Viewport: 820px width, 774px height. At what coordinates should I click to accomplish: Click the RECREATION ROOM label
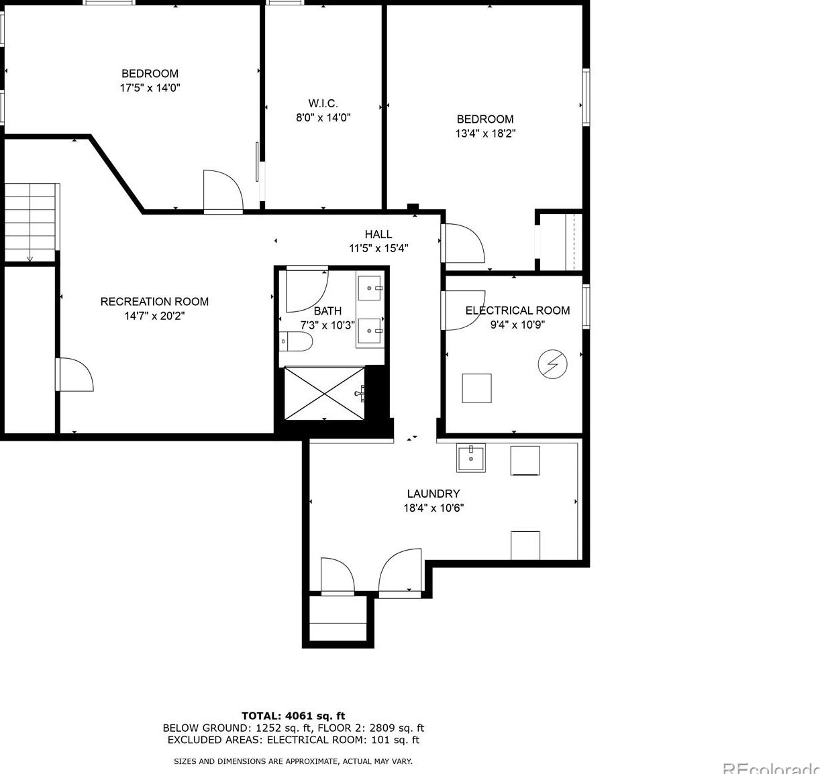[x=154, y=302]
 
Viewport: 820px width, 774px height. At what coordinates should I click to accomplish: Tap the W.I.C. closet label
[x=323, y=103]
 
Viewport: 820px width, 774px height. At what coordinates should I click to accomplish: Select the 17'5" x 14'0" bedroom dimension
[x=150, y=88]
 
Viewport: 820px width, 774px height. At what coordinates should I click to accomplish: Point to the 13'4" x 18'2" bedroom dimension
[x=485, y=133]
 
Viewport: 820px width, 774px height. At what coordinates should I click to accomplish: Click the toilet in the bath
[x=296, y=341]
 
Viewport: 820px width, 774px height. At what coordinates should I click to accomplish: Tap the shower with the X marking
[x=325, y=394]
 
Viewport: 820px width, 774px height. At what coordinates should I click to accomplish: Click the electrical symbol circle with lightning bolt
[x=552, y=364]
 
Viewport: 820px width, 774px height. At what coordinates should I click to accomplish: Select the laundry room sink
[x=470, y=458]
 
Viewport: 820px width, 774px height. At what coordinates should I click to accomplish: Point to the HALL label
[x=378, y=235]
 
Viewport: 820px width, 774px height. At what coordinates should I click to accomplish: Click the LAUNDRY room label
[x=433, y=494]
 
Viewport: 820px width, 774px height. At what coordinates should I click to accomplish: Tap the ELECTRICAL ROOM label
[x=517, y=311]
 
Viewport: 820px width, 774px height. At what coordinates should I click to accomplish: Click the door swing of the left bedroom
[x=231, y=182]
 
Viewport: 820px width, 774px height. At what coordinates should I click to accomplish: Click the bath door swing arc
[x=318, y=300]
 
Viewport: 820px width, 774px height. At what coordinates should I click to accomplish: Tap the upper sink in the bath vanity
[x=369, y=288]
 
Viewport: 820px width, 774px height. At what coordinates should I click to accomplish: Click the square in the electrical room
[x=476, y=388]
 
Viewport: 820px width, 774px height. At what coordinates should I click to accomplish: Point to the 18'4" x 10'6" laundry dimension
[x=433, y=508]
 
